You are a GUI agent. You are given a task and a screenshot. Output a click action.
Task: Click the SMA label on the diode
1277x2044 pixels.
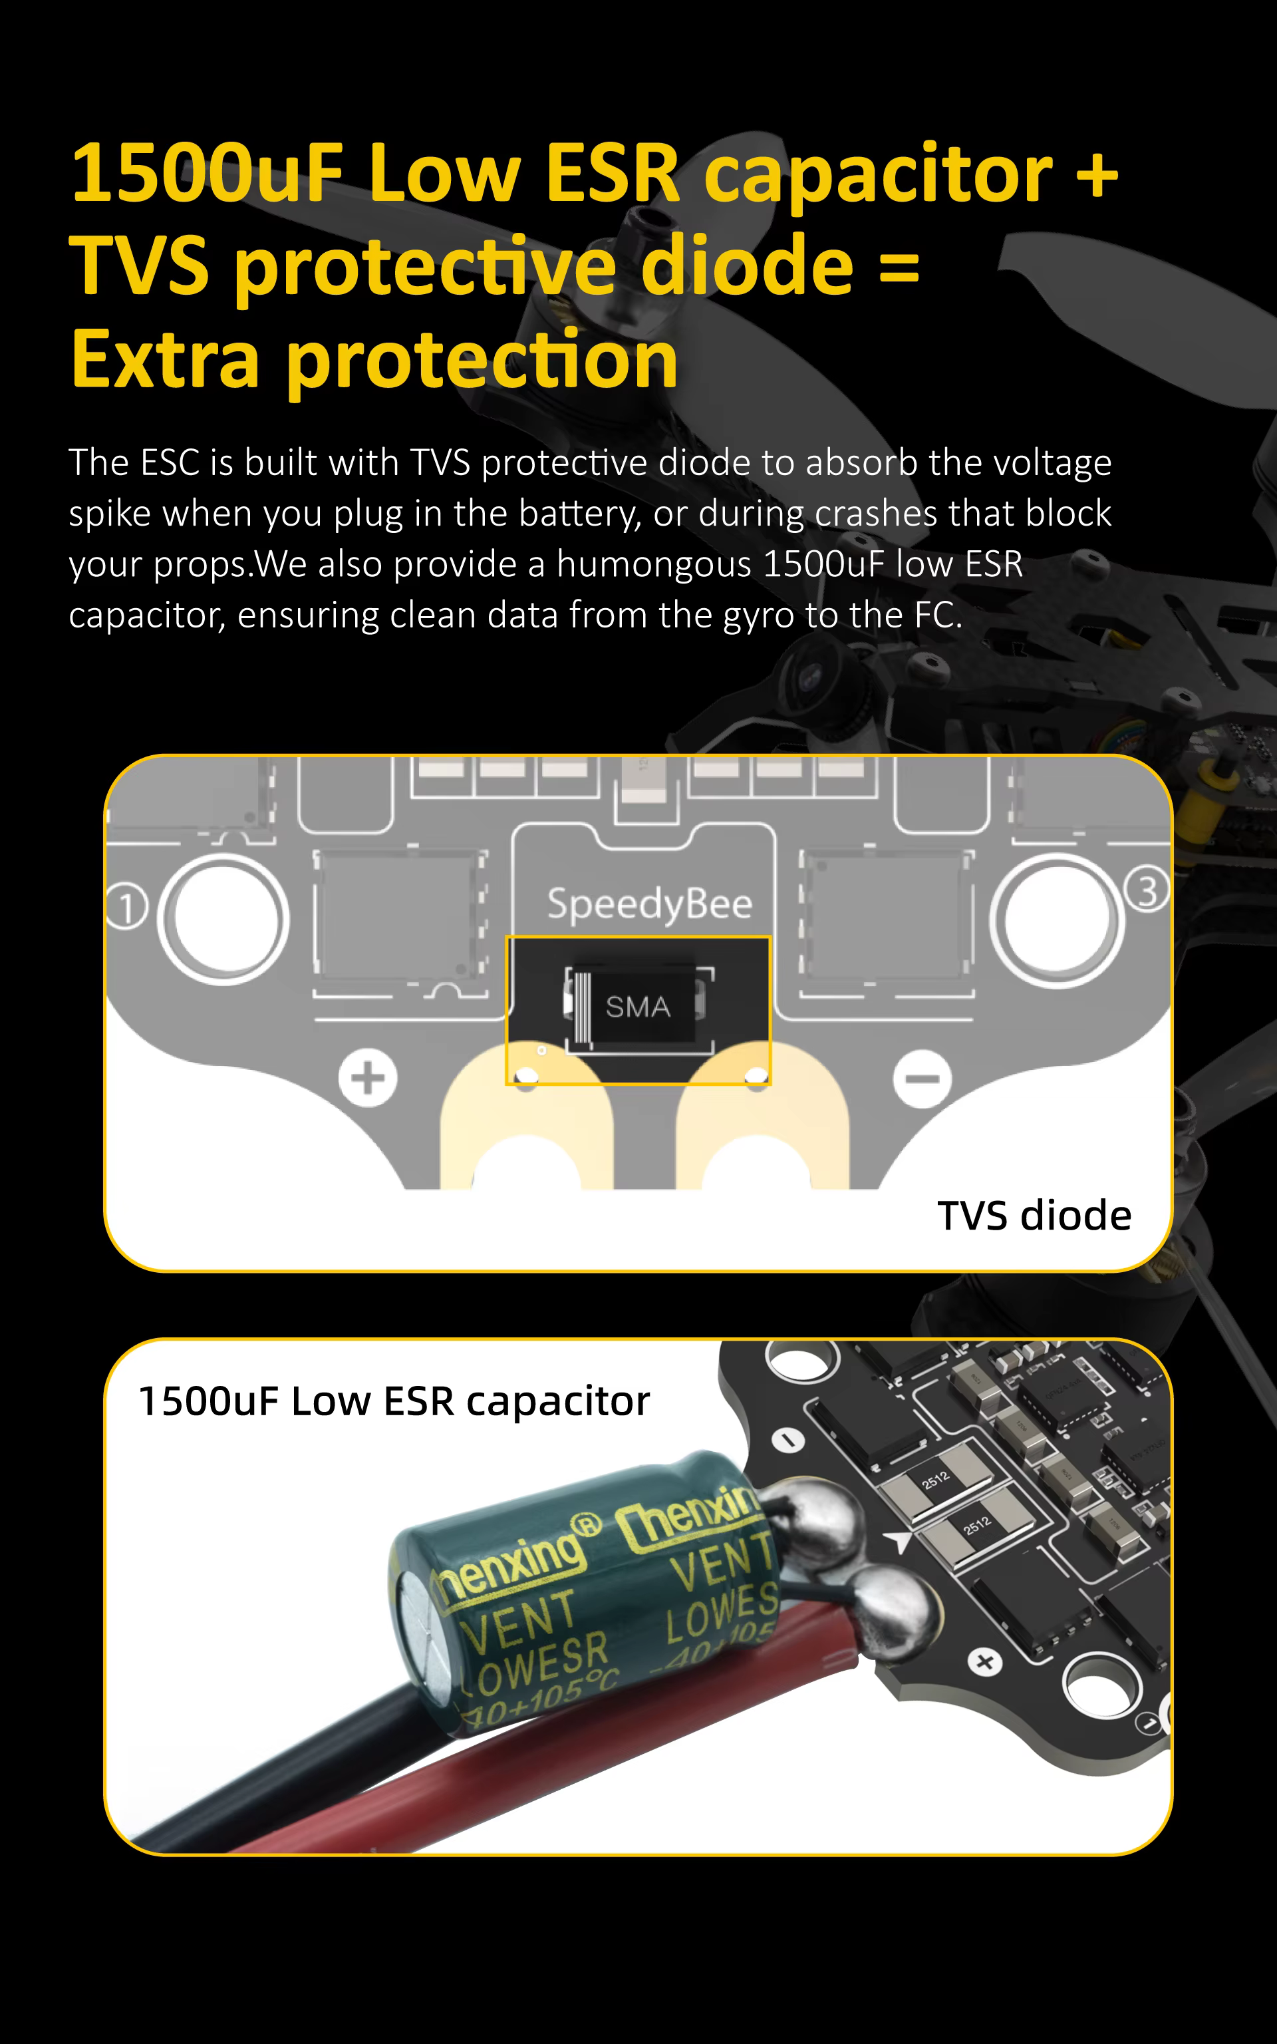pyautogui.click(x=638, y=1007)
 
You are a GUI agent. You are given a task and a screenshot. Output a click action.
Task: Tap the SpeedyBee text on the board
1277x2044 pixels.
pyautogui.click(x=648, y=904)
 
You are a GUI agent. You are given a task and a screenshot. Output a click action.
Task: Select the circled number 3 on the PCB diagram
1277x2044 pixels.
pyautogui.click(x=1147, y=890)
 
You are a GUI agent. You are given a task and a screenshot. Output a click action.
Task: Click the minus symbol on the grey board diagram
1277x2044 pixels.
pyautogui.click(x=922, y=1079)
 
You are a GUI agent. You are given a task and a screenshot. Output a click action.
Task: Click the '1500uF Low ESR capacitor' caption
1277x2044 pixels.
pyautogui.click(x=394, y=1401)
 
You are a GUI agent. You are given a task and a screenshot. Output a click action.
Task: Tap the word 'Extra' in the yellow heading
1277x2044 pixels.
pyautogui.click(x=165, y=361)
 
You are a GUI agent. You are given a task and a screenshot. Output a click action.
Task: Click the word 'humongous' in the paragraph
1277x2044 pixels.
pyautogui.click(x=653, y=564)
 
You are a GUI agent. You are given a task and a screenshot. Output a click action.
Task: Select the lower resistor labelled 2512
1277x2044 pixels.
pyautogui.click(x=977, y=1526)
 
